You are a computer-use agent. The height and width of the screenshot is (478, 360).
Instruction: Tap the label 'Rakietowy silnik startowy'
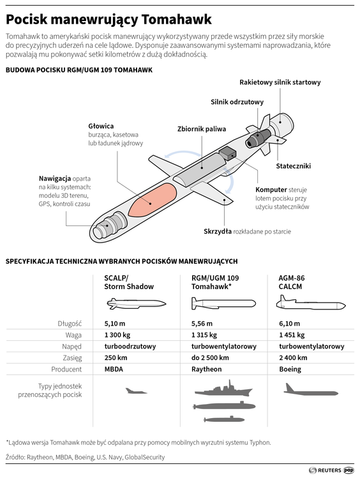(x=280, y=82)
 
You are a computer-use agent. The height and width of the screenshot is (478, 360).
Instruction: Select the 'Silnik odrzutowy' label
(x=237, y=101)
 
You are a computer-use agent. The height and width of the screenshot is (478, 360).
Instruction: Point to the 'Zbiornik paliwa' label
(x=202, y=128)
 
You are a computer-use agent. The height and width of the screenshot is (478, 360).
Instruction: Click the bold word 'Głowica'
(x=101, y=126)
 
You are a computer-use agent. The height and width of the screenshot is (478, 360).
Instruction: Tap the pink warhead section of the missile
(x=152, y=200)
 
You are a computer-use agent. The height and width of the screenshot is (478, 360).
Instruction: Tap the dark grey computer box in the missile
(x=228, y=154)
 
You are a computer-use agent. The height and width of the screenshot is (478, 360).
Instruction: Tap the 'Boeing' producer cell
(x=290, y=369)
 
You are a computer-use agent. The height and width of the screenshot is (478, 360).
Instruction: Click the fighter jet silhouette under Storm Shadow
(x=135, y=390)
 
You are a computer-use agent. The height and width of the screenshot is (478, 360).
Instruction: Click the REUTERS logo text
(x=329, y=470)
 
